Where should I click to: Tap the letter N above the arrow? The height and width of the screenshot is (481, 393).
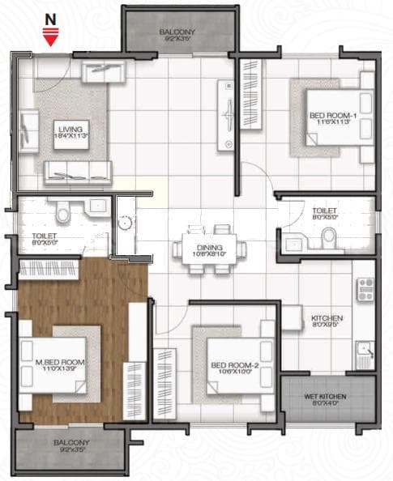[50, 19]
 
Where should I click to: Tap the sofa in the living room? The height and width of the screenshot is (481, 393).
[77, 171]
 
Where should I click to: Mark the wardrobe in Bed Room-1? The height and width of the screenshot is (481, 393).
[250, 91]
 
